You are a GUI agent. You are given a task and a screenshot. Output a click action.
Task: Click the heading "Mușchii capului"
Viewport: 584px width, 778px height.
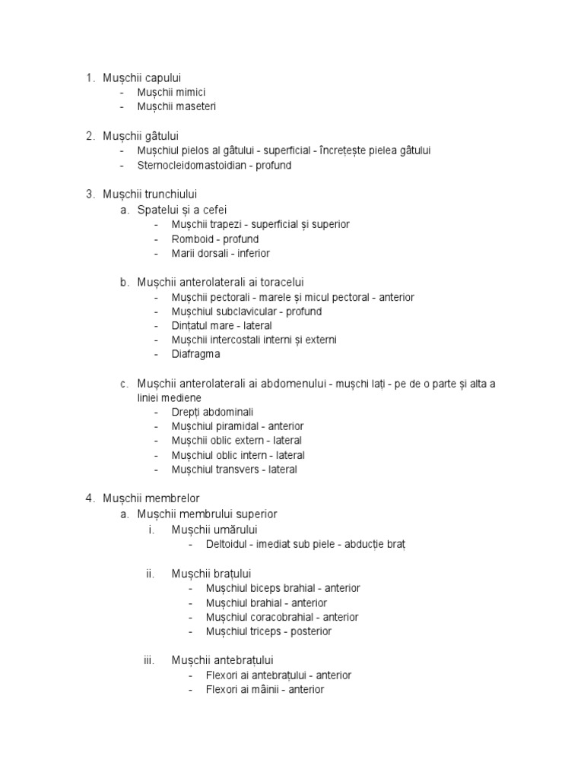pyautogui.click(x=142, y=77)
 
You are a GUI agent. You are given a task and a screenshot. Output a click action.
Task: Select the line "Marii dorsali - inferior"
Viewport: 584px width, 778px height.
pyautogui.click(x=221, y=253)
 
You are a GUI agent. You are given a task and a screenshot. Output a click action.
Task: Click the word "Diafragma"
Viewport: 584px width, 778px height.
pyautogui.click(x=197, y=354)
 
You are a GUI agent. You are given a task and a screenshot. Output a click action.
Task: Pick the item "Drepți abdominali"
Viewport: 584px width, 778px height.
pyautogui.click(x=212, y=412)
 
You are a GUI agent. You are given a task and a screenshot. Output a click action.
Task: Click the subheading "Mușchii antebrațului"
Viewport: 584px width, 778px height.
pyautogui.click(x=222, y=660)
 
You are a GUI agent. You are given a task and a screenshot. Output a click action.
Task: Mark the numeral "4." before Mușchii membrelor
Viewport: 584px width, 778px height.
pyautogui.click(x=90, y=498)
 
